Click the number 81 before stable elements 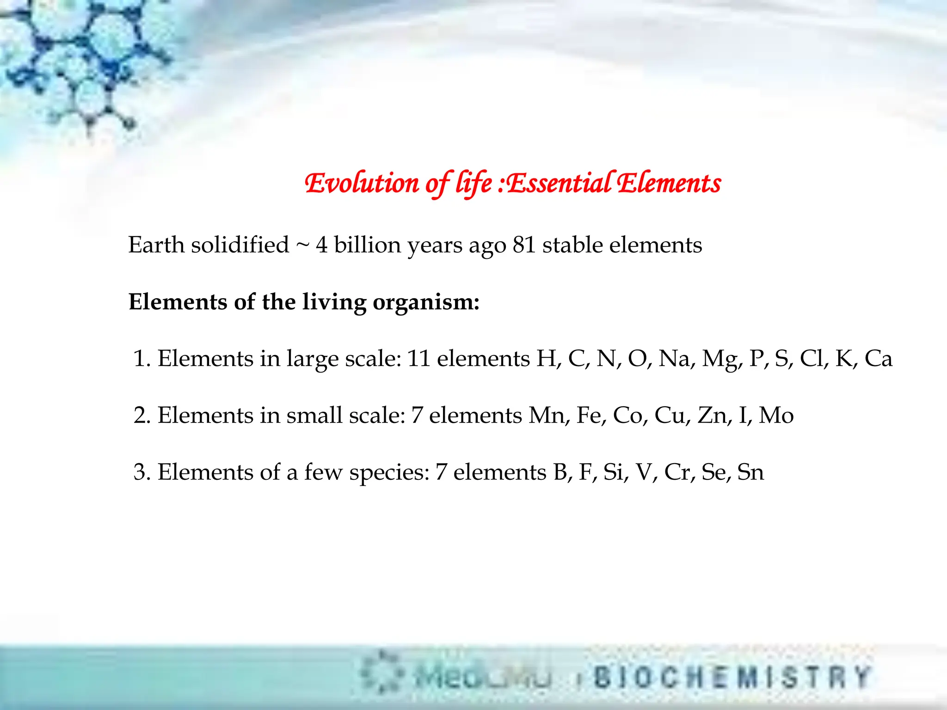coord(524,245)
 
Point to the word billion coord(367,245)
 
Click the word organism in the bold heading coord(426,303)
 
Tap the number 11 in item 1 coord(418,358)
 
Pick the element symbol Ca coord(878,358)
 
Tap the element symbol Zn coord(714,415)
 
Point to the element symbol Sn coord(750,472)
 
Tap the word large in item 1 coord(312,359)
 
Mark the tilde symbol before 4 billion coord(302,245)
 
